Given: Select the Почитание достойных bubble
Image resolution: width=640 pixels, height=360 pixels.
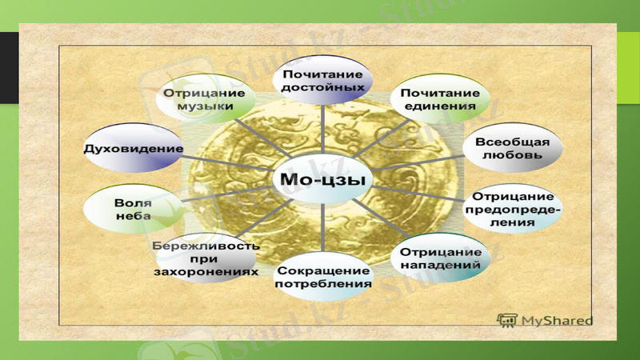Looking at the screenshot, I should tap(322, 80).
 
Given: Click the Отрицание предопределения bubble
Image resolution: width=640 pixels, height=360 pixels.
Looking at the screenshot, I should tap(512, 209).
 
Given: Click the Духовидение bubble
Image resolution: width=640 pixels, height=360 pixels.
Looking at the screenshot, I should tap(134, 149).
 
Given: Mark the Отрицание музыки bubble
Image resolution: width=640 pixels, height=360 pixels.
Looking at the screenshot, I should tap(206, 98).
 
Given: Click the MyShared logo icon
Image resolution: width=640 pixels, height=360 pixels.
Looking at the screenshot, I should tap(506, 320).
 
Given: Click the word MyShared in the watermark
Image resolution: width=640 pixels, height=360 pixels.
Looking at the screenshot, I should tap(557, 321).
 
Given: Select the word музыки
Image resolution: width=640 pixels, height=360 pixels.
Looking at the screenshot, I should tap(206, 106).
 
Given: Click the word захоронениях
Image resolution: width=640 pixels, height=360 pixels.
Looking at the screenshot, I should tap(206, 270).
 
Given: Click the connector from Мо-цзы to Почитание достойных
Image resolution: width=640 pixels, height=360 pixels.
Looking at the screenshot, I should tap(322, 132).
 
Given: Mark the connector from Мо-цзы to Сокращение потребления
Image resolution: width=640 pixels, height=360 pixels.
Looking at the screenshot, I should tap(322, 228).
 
